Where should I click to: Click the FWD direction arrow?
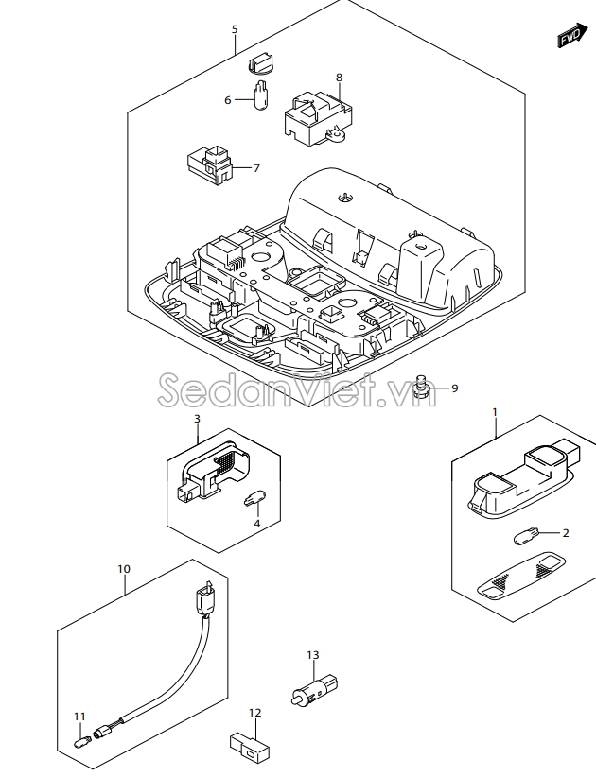click(x=571, y=35)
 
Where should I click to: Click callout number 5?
click(x=235, y=29)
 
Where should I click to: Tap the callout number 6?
click(x=228, y=100)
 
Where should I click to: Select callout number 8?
click(x=340, y=78)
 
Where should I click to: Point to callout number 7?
click(x=256, y=168)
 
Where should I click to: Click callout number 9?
click(x=455, y=388)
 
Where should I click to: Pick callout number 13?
click(x=313, y=655)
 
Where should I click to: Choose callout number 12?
click(x=254, y=713)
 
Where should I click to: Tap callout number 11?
click(x=79, y=717)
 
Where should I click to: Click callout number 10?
click(x=124, y=569)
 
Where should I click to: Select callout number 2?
click(x=566, y=533)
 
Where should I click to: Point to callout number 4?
click(x=256, y=524)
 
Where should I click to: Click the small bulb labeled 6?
click(x=260, y=95)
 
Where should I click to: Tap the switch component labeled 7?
click(x=210, y=164)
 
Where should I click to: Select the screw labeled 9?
click(x=422, y=387)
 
